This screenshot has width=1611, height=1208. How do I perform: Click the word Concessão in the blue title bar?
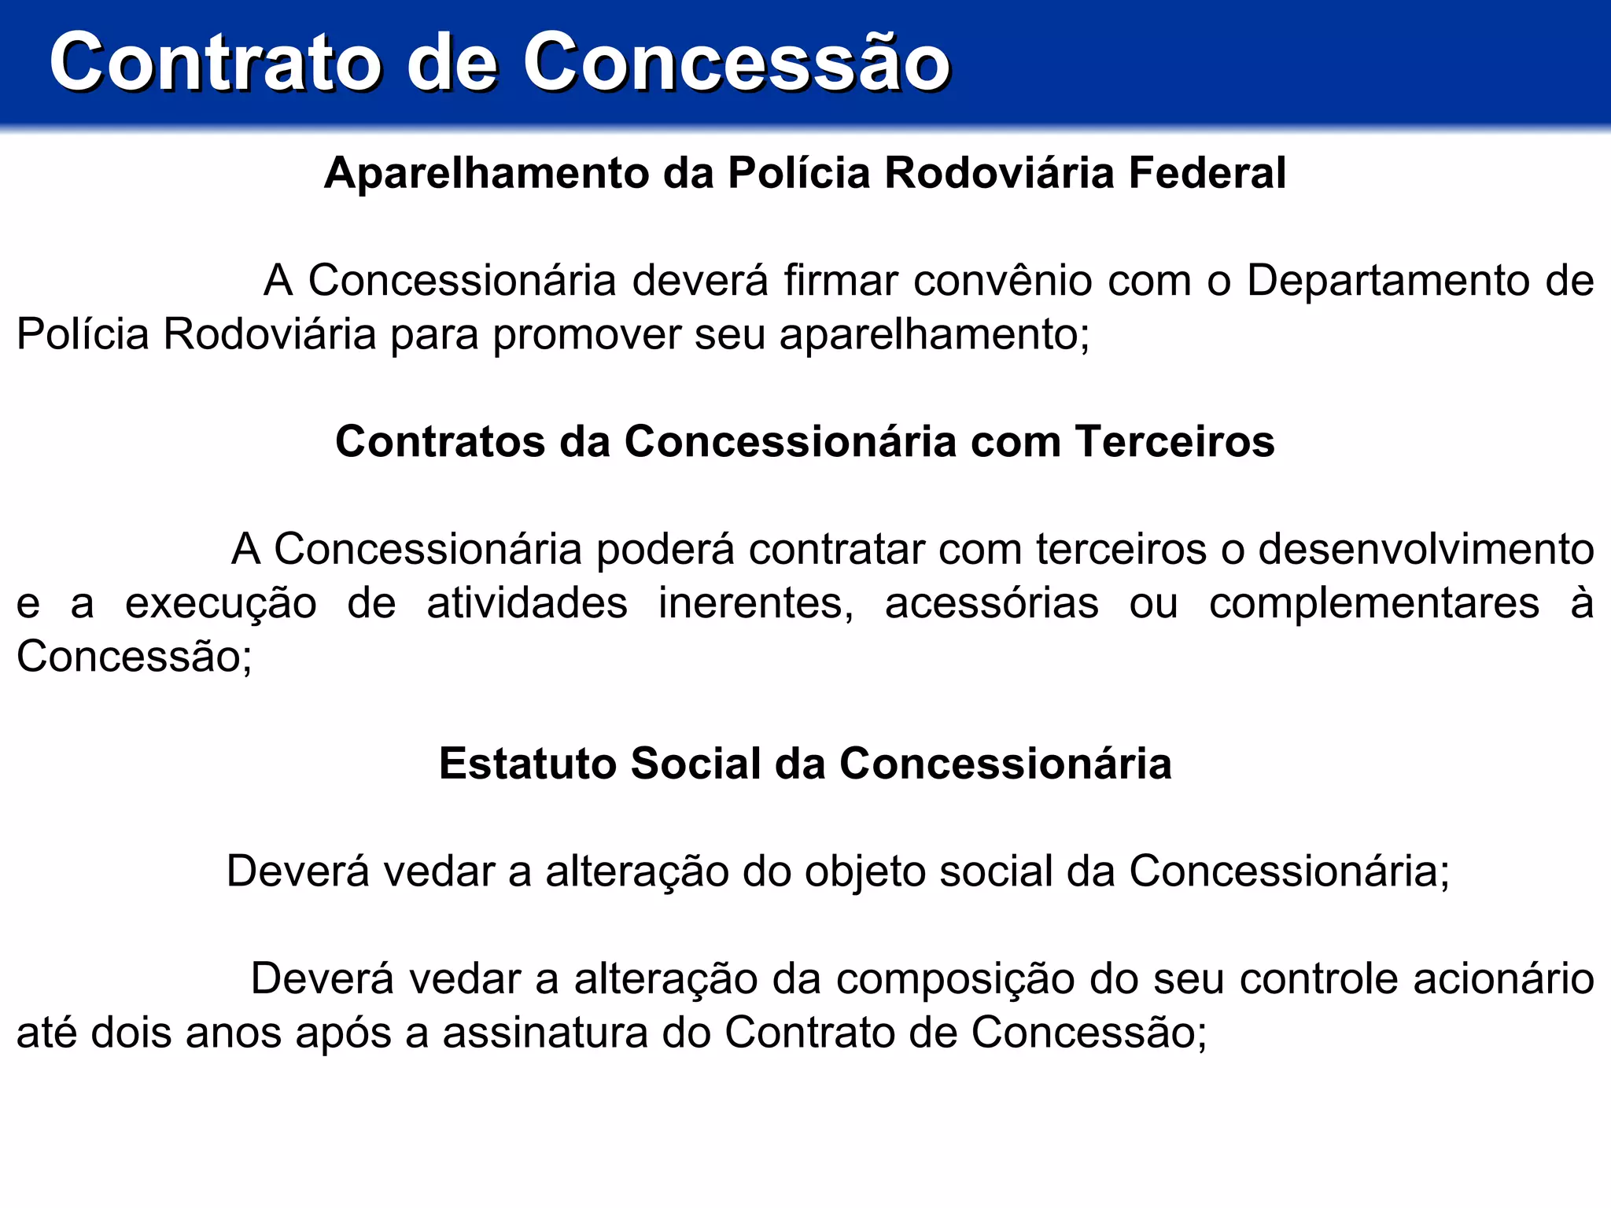[736, 63]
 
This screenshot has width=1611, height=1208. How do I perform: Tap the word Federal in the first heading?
[1207, 173]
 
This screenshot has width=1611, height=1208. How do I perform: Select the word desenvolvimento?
[1425, 549]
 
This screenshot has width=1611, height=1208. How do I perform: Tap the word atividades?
[527, 603]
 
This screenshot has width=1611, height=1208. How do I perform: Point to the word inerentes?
[756, 603]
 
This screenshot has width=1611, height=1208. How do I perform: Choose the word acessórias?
[991, 603]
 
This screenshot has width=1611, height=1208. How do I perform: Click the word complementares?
[1373, 603]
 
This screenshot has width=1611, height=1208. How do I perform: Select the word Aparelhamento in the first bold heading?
[485, 173]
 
